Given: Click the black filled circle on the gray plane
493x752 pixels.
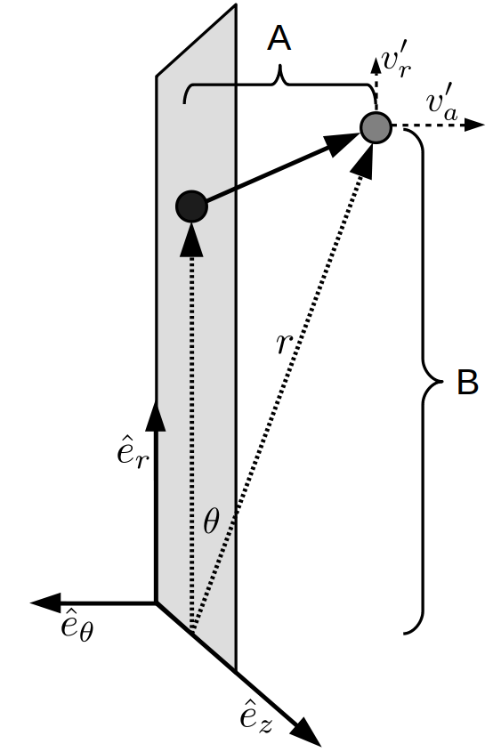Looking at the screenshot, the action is coord(191,206).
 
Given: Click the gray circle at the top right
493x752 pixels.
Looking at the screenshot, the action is coord(376,127).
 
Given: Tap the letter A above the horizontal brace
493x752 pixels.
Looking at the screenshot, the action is coord(279,38).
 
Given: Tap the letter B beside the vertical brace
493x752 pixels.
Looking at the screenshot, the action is coord(467,383).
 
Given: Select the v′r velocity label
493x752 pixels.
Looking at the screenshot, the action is coord(396,63).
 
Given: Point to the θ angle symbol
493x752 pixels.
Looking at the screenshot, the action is coord(211,521).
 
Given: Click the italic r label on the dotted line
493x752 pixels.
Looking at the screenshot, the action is coord(285,343).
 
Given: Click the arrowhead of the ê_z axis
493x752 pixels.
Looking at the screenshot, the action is coord(305,732).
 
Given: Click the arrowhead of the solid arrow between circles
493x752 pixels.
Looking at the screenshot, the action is coord(342,142).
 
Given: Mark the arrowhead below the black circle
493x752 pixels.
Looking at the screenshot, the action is coord(192,239).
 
